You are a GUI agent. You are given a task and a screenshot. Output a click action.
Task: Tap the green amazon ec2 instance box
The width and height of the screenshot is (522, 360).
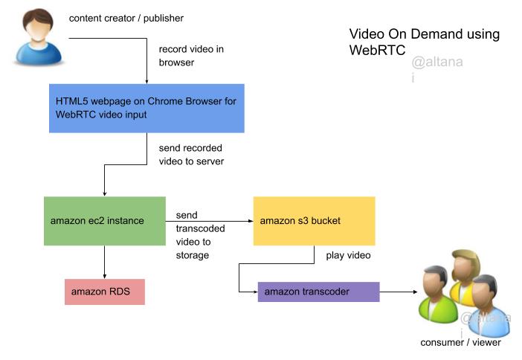click(x=104, y=221)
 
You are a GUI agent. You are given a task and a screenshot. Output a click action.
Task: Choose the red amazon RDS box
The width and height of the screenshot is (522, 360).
click(x=104, y=292)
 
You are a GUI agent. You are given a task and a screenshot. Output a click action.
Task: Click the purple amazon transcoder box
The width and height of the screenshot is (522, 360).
click(x=318, y=292)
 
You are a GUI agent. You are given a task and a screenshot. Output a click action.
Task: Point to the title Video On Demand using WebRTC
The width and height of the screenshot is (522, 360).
click(x=424, y=42)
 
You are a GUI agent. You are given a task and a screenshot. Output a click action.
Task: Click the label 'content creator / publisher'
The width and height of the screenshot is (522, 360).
click(x=126, y=18)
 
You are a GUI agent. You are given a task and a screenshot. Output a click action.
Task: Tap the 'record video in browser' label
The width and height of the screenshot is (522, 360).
click(x=191, y=56)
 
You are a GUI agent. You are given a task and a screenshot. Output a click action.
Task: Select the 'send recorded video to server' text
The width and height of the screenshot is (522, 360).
click(x=191, y=155)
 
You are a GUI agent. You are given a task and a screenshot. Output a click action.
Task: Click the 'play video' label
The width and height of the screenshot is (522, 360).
click(x=348, y=256)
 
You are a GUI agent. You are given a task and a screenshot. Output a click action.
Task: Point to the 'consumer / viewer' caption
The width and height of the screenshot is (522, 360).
click(x=460, y=342)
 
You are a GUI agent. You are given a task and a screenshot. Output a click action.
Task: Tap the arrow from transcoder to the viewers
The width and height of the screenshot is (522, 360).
click(x=398, y=292)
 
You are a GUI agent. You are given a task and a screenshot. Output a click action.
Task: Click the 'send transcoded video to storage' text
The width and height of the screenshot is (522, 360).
click(x=193, y=235)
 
